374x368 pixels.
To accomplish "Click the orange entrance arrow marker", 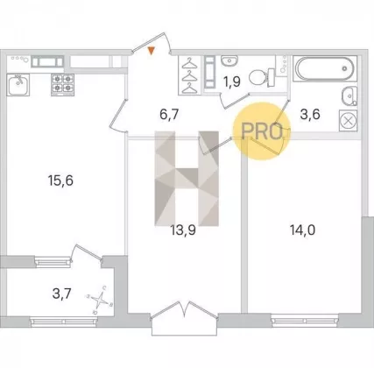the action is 151,51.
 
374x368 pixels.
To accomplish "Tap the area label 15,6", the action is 60,180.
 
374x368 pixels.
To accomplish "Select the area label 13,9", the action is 183,230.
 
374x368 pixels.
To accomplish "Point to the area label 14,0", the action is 302,230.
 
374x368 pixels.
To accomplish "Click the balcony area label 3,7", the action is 61,294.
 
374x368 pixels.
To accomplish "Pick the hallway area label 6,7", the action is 169,114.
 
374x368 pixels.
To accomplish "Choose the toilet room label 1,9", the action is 232,82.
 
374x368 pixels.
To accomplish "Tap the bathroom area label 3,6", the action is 310,114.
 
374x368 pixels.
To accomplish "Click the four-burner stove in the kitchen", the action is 62,85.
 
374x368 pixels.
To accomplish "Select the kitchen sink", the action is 18,85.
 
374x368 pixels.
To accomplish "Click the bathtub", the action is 325,68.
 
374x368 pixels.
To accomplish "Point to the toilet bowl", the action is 262,77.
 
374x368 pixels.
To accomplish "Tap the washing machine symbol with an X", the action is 348,120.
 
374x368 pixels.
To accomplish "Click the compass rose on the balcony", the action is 100,300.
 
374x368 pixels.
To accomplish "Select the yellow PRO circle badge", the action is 262,131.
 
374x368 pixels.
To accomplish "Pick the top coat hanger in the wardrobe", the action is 189,63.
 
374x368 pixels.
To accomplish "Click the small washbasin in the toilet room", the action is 229,61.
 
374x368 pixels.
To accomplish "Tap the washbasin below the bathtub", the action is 349,96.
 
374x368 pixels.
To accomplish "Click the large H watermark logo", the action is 187,179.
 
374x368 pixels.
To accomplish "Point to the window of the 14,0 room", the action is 305,321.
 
